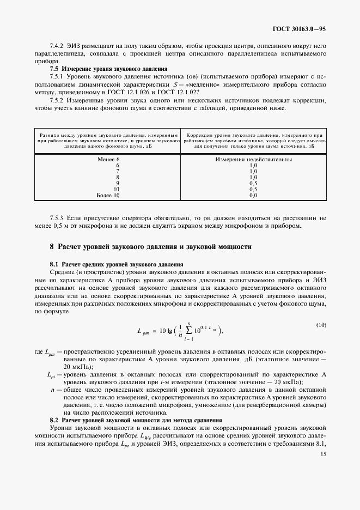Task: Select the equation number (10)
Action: (321, 325)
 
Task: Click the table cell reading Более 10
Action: (108, 195)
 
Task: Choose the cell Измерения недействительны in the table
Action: (253, 160)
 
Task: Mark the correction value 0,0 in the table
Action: (253, 195)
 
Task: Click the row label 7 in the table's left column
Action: (118, 171)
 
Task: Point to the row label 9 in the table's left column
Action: (118, 183)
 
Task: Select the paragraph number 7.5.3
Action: (59, 217)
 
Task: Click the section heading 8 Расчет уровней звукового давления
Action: (150, 247)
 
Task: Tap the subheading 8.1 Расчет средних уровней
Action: (116, 264)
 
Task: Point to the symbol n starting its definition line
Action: (52, 390)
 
